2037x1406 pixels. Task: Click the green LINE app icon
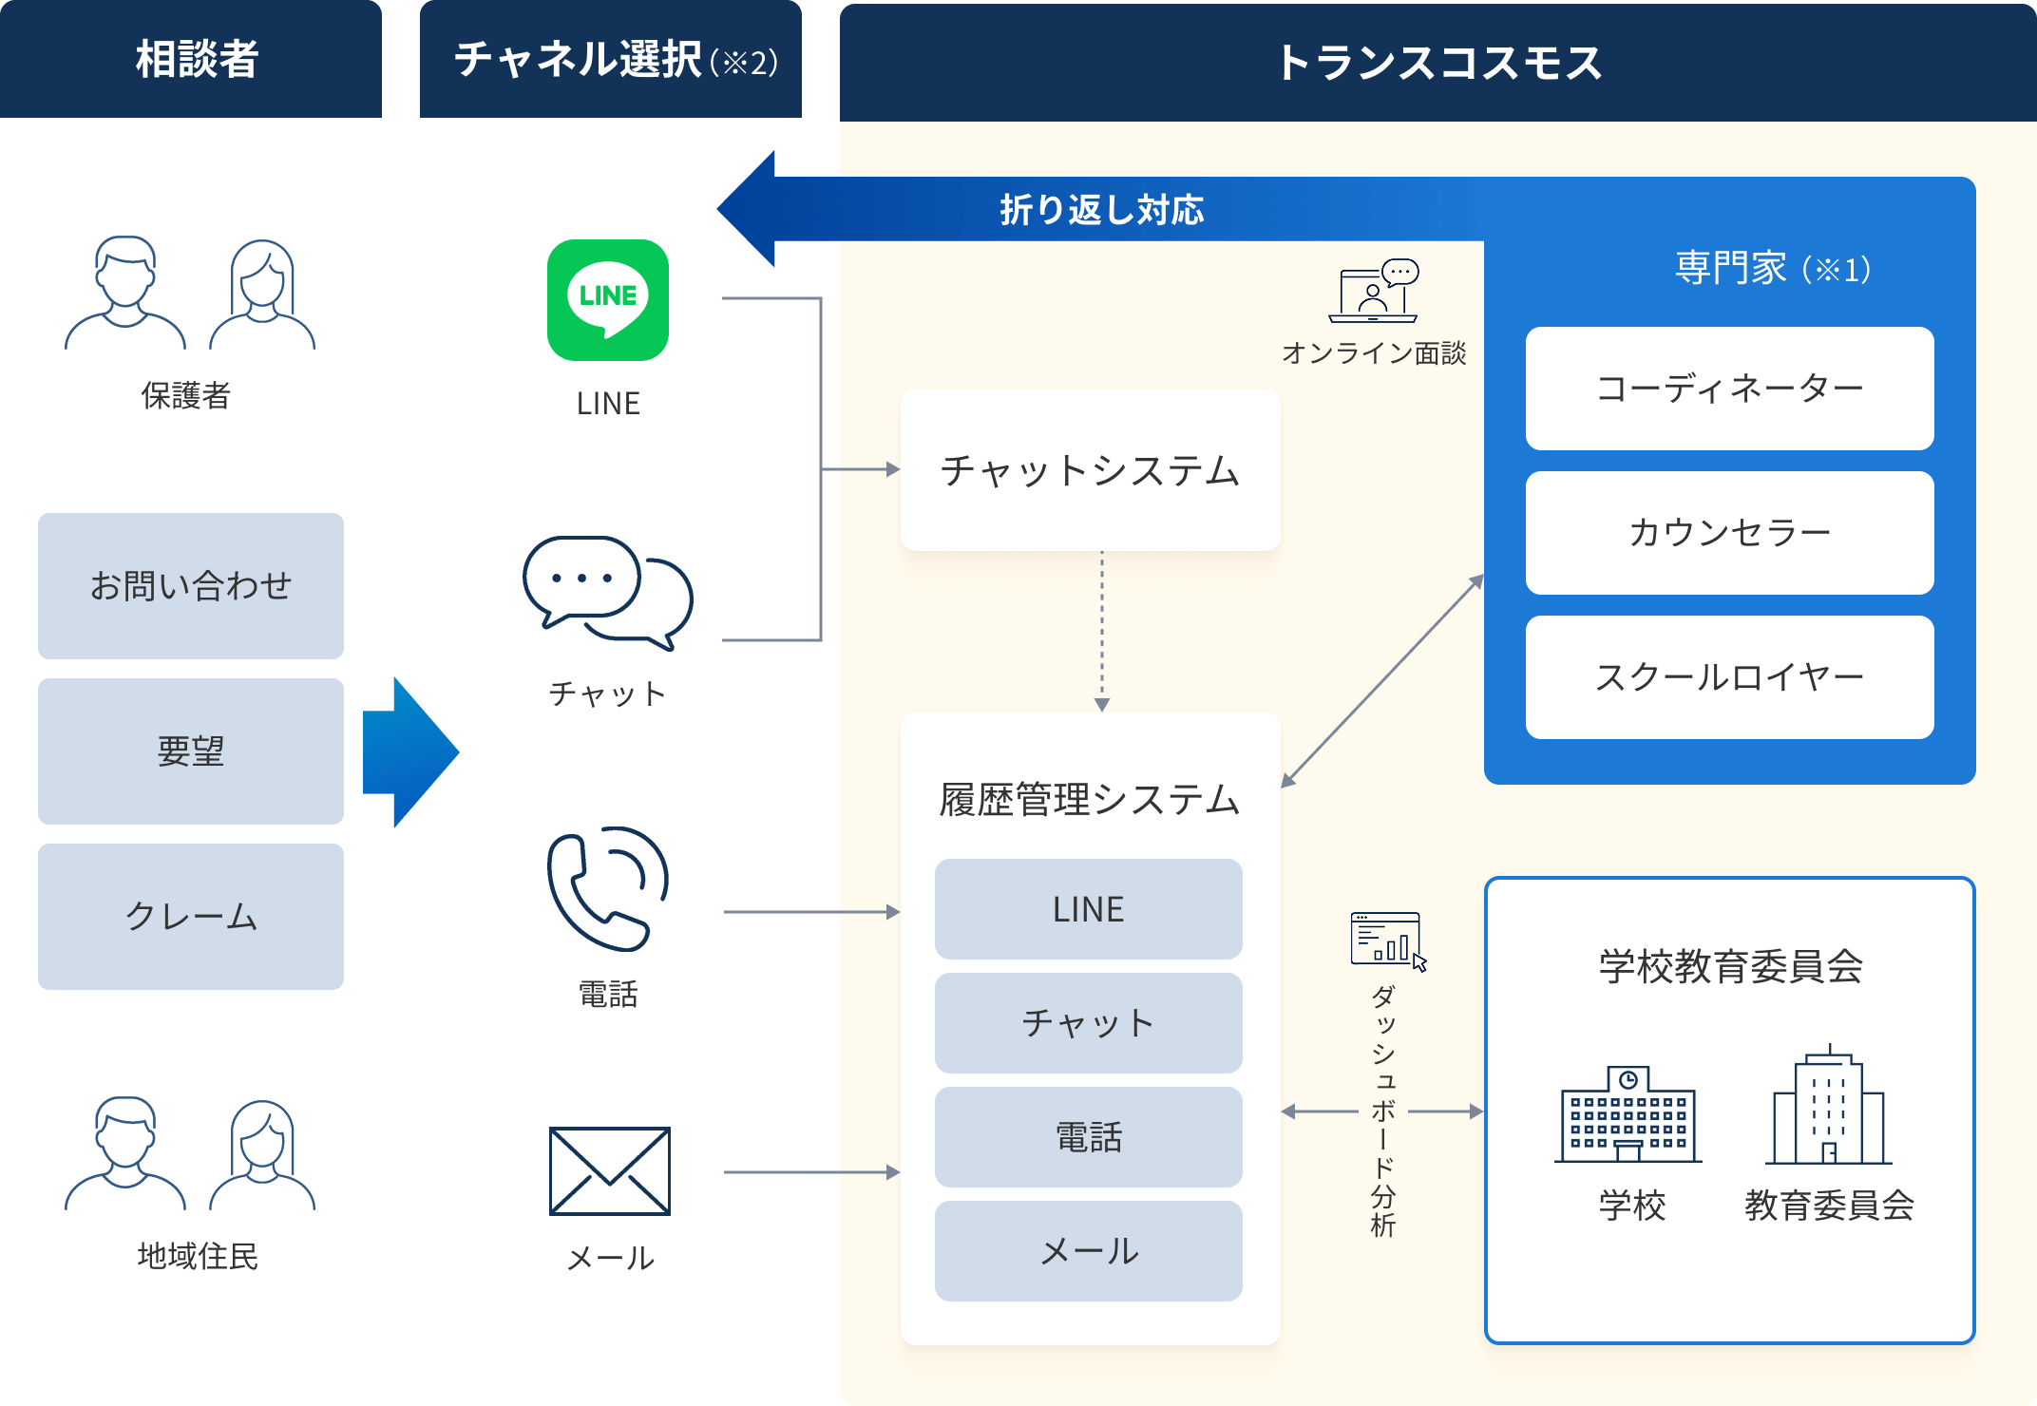click(x=608, y=300)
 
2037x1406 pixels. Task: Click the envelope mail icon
click(x=610, y=1170)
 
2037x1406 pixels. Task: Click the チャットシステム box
click(x=1090, y=470)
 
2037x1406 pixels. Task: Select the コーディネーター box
click(x=1729, y=389)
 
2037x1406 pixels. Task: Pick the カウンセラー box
click(x=1729, y=533)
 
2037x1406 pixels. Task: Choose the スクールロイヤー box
click(x=1729, y=677)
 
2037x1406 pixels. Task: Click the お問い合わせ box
click(x=191, y=586)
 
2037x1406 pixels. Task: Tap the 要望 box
click(x=191, y=751)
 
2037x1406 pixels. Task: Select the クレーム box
click(x=191, y=917)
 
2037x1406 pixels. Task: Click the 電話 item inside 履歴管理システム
click(x=1089, y=1137)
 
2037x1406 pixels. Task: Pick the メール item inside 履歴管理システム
click(x=1089, y=1251)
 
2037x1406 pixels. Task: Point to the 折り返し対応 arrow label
click(x=1101, y=210)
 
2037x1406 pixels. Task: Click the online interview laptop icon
click(x=1374, y=291)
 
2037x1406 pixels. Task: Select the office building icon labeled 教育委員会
click(x=1829, y=1108)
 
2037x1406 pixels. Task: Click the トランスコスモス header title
click(x=1437, y=63)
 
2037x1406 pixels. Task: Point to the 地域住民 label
click(x=198, y=1256)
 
